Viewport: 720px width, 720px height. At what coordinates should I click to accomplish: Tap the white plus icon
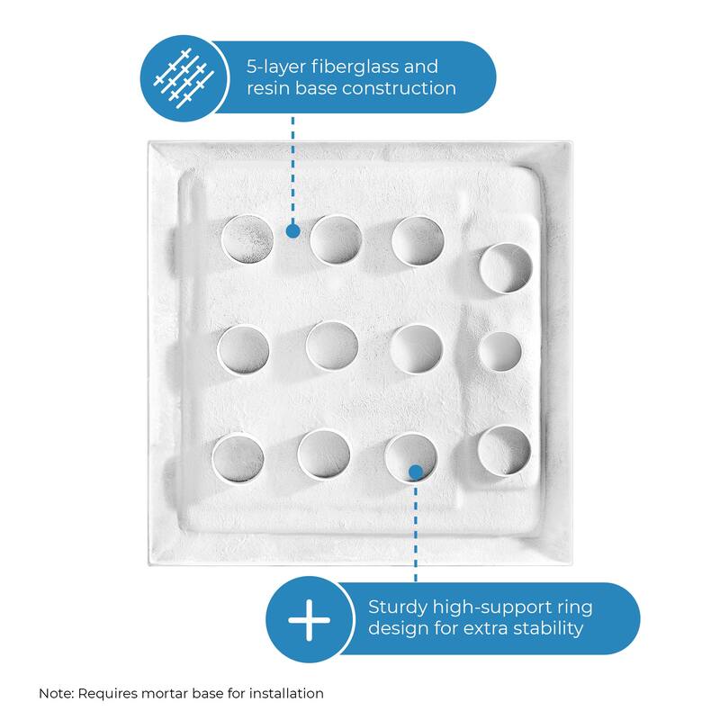pos(309,622)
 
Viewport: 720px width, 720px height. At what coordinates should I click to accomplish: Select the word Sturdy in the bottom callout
pos(399,607)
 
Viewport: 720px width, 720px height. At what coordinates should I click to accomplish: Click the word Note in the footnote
pos(56,693)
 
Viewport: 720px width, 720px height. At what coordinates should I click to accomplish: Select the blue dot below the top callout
pos(292,231)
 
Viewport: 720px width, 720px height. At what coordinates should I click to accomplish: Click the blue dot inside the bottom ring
pos(415,471)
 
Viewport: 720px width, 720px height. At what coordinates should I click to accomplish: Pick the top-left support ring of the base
pos(247,239)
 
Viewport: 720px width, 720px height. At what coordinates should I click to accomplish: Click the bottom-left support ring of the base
pos(238,456)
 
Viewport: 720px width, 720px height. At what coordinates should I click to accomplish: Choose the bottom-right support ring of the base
pos(503,450)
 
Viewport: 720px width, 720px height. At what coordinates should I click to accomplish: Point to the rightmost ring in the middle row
pos(499,352)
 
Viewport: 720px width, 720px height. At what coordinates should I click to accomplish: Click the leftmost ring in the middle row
pos(243,349)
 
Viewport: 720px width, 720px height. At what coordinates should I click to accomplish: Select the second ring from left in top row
pos(336,239)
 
